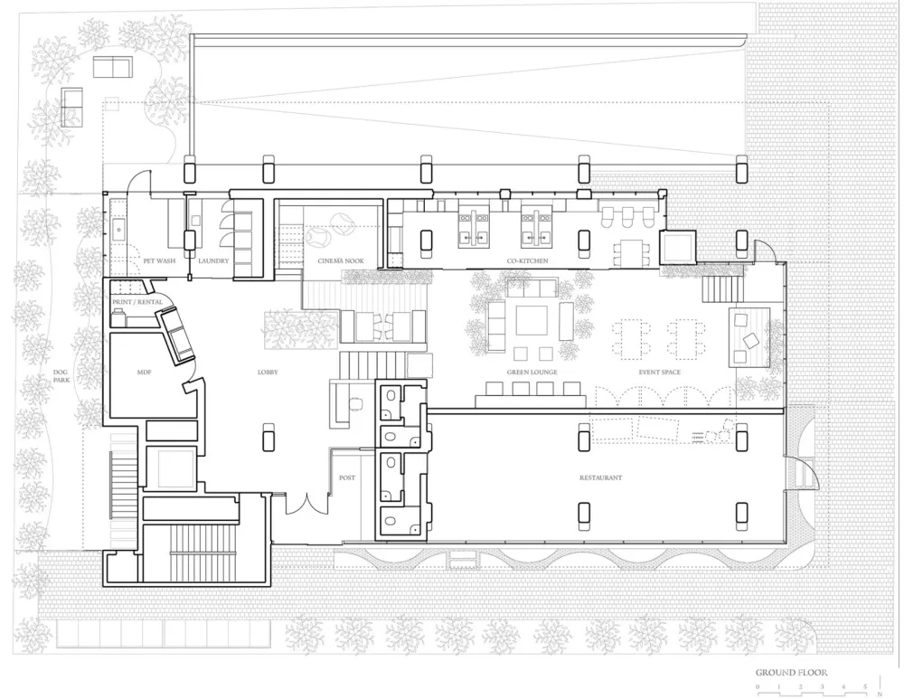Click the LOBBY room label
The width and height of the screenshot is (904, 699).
pos(267,373)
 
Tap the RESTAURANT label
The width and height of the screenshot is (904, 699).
pos(602,477)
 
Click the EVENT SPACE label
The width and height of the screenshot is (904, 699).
pos(658,373)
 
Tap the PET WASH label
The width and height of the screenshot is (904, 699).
pos(159,261)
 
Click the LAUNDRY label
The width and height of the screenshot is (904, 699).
pos(214,261)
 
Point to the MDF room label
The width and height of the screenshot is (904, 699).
pos(143,373)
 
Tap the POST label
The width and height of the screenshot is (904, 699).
pos(346,477)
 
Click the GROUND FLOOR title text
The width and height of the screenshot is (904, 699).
pos(791,673)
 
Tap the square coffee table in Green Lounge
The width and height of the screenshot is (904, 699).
pos(531,320)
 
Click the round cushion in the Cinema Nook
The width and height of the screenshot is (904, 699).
pos(321,238)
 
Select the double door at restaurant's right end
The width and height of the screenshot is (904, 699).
pos(800,473)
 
